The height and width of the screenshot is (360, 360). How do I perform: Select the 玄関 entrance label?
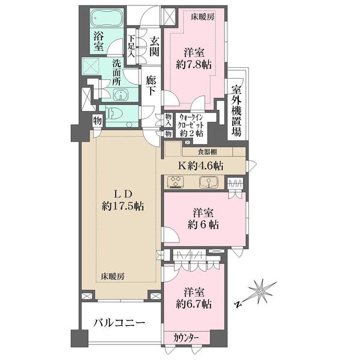154,47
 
